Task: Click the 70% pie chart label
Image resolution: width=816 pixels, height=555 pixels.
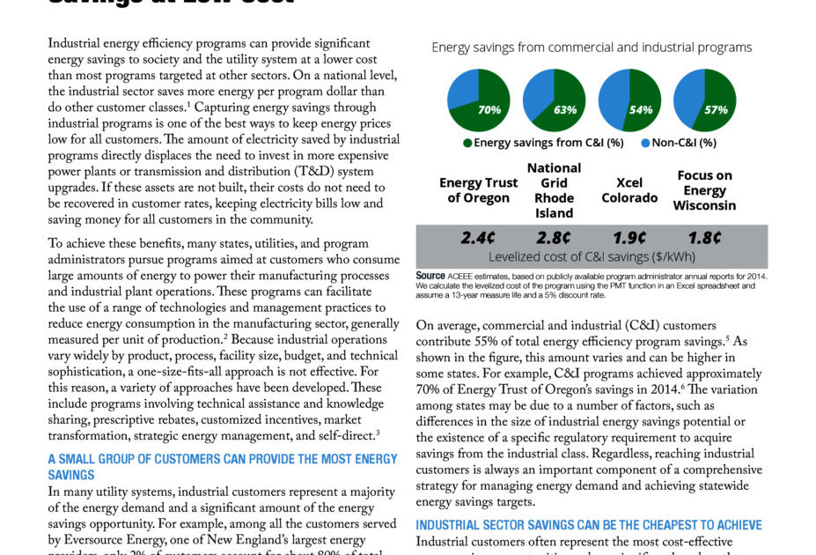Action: point(489,110)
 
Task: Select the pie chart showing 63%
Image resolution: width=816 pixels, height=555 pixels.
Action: point(554,100)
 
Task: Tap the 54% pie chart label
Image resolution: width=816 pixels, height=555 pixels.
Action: point(640,110)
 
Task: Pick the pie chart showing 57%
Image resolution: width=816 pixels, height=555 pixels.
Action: point(704,100)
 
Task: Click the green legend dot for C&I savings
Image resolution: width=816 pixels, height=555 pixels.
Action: point(467,142)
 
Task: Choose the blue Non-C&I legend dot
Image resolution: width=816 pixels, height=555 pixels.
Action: point(645,142)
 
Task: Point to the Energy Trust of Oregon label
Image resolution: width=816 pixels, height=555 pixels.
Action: point(478,190)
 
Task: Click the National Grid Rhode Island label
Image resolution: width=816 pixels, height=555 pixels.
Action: point(554,190)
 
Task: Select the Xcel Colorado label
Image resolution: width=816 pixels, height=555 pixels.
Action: point(629,190)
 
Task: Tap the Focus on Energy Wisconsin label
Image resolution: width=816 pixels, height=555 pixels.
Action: point(705,190)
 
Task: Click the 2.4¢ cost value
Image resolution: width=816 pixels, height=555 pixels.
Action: point(478,238)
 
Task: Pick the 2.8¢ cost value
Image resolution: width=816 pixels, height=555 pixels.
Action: point(554,238)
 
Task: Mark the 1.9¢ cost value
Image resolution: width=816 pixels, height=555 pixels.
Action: point(629,238)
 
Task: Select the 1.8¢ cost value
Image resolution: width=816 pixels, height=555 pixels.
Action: point(705,238)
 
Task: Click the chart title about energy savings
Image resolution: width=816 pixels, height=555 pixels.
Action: point(592,48)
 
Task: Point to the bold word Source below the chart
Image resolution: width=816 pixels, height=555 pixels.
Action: point(430,276)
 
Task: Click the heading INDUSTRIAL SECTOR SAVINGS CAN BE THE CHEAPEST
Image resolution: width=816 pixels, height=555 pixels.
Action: point(588,525)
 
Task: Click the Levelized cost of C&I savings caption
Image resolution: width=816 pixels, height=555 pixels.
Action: point(591,256)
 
